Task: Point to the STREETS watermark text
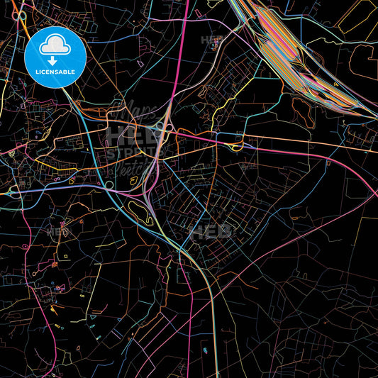click(130, 153)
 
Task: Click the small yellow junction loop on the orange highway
click(236, 147)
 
